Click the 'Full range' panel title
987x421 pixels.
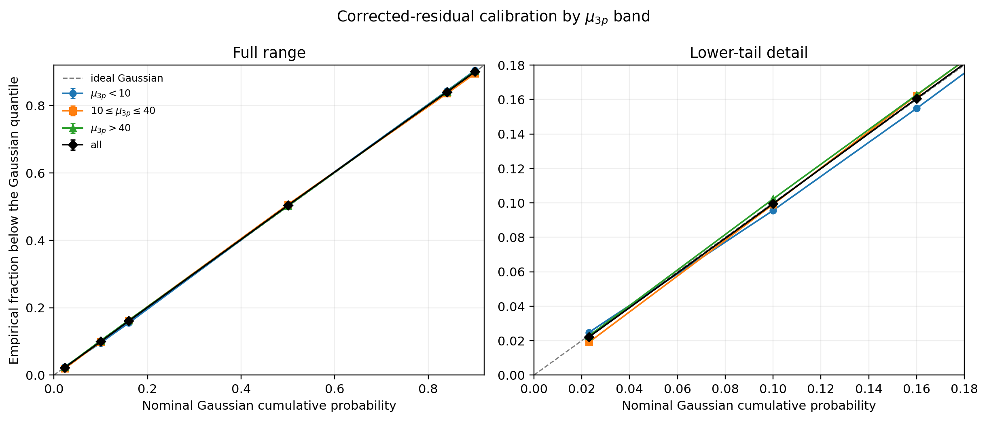click(x=269, y=53)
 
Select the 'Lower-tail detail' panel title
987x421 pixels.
click(x=749, y=53)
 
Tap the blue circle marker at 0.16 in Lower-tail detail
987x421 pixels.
click(x=917, y=108)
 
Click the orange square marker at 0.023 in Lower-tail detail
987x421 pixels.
click(x=589, y=342)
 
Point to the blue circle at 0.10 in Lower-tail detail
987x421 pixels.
click(x=773, y=210)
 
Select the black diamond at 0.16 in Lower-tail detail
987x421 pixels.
click(x=917, y=99)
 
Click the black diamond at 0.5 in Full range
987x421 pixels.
click(x=288, y=205)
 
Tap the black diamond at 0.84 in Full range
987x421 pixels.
click(x=447, y=93)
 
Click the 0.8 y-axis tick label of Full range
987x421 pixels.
click(x=35, y=106)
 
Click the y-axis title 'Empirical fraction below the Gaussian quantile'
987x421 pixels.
click(x=14, y=220)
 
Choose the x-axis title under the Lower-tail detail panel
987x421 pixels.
click(x=749, y=406)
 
